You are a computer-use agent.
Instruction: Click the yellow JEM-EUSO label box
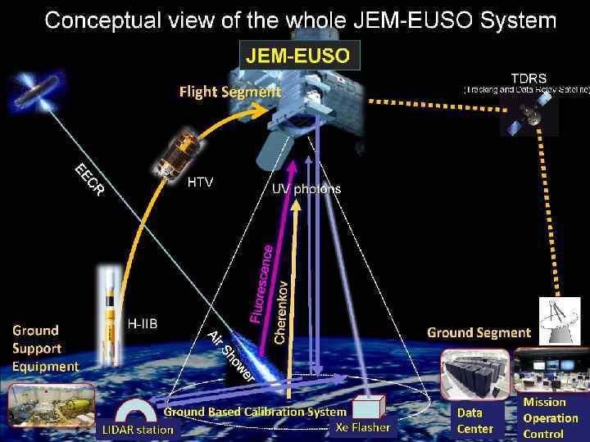pos(298,56)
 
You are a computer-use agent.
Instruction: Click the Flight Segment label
pos(229,92)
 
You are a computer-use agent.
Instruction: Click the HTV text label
pos(200,182)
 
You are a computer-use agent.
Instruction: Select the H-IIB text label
pos(143,323)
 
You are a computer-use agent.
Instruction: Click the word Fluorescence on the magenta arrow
pos(260,271)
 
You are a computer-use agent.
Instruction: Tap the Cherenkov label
pos(280,312)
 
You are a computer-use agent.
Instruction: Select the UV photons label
pos(306,188)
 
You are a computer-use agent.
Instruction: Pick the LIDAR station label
pos(138,430)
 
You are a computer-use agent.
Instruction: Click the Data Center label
pos(475,421)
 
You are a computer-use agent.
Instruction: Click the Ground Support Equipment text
pos(45,349)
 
